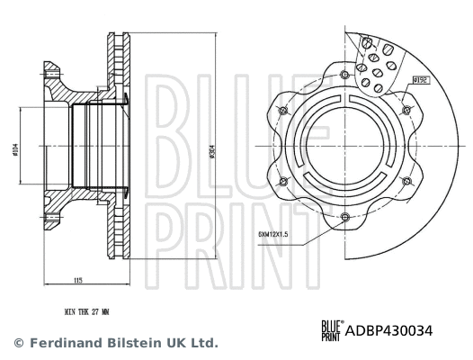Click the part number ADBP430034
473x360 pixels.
tap(389, 330)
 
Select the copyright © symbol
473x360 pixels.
tap(18, 343)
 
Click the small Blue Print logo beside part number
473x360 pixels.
tap(331, 331)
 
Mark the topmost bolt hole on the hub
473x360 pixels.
tap(345, 74)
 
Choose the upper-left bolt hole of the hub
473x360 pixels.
tap(284, 110)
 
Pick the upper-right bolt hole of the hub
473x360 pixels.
tap(406, 110)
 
